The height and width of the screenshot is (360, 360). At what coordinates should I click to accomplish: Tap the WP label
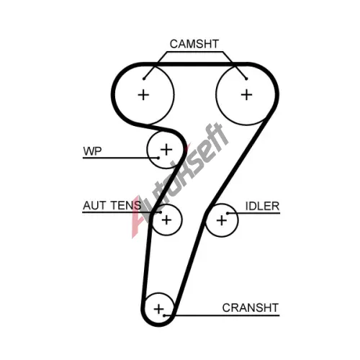coord(92,151)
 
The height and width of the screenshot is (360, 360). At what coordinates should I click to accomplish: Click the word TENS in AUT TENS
coord(126,205)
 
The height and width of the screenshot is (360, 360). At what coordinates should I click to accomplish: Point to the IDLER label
coord(262,206)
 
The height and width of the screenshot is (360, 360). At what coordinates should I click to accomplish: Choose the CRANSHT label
coord(251,307)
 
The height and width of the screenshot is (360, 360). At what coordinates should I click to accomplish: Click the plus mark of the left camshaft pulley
coord(143,95)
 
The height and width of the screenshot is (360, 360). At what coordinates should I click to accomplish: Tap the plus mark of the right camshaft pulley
coord(246,94)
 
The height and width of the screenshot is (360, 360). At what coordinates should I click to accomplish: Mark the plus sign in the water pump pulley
coord(166,150)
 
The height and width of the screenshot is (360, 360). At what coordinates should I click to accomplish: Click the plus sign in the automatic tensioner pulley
coord(166,220)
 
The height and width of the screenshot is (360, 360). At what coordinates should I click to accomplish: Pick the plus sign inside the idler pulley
coord(222,220)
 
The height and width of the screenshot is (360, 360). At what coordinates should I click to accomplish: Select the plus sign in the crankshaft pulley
coord(158,309)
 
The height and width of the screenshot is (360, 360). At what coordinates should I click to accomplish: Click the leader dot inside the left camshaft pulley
coord(144,78)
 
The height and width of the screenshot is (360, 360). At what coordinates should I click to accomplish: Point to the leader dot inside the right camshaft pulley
coord(246,78)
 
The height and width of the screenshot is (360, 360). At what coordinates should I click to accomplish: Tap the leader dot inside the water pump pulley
coord(158,158)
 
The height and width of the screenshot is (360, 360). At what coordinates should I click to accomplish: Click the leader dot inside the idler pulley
coord(228,213)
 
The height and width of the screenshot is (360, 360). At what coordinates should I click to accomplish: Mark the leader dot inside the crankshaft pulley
coord(164,315)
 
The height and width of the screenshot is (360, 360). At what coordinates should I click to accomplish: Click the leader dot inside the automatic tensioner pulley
coord(160,212)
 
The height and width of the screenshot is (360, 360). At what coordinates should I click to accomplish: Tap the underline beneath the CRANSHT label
coord(222,315)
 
